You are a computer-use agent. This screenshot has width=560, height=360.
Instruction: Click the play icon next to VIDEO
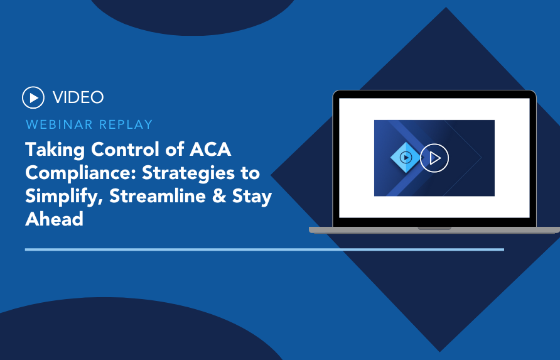pyautogui.click(x=33, y=97)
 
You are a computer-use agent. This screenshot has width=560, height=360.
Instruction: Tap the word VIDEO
pyautogui.click(x=78, y=97)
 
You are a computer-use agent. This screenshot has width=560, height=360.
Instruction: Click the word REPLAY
pyautogui.click(x=126, y=124)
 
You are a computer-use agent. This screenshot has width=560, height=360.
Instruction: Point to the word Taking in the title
pyautogui.click(x=55, y=150)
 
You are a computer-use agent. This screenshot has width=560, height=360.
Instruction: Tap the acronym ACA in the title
pyautogui.click(x=210, y=149)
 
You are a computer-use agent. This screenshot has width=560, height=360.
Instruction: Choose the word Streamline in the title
pyautogui.click(x=157, y=196)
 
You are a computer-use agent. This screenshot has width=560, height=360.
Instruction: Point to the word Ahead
pyautogui.click(x=54, y=219)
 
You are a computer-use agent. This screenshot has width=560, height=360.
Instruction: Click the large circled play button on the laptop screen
pyautogui.click(x=434, y=158)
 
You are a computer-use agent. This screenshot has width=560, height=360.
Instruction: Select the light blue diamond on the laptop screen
pyautogui.click(x=406, y=157)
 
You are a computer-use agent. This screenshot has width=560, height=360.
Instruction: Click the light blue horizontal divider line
pyautogui.click(x=265, y=249)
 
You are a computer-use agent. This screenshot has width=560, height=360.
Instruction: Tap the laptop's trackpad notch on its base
pyautogui.click(x=434, y=228)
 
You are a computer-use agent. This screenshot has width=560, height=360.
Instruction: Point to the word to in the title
pyautogui.click(x=250, y=173)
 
